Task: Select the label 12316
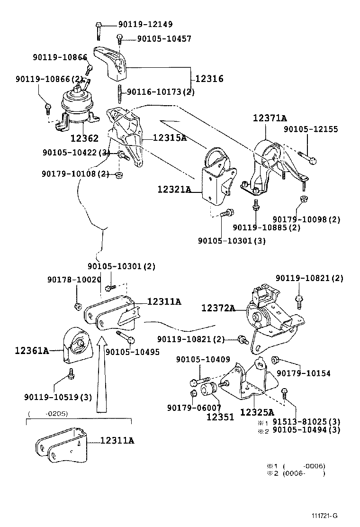[x=208, y=79]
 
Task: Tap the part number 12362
[x=84, y=138]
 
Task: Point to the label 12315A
[x=170, y=138]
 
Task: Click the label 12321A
[x=174, y=190]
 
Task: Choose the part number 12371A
[x=270, y=118]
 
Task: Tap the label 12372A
[x=218, y=309]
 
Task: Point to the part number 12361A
[x=32, y=351]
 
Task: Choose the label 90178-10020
[x=74, y=280]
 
